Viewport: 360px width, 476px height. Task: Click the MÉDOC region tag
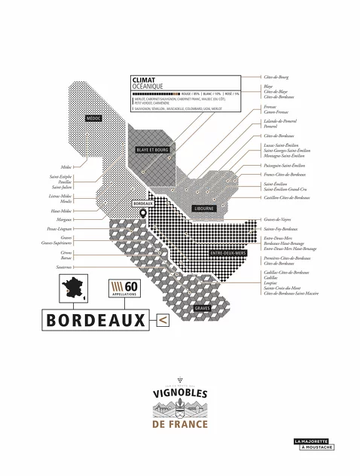point(94,118)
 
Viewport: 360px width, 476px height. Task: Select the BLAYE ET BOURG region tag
point(153,150)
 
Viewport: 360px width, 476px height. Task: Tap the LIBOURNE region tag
point(204,208)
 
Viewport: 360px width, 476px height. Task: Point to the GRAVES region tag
point(202,308)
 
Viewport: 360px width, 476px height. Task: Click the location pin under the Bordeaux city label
point(143,214)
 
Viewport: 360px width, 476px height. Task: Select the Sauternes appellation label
point(63,267)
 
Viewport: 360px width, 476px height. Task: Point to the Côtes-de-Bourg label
point(277,77)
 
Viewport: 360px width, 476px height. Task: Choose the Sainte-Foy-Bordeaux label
point(280,228)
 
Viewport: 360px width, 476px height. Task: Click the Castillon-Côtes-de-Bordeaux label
point(286,197)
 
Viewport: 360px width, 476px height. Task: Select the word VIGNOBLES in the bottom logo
point(179,392)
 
